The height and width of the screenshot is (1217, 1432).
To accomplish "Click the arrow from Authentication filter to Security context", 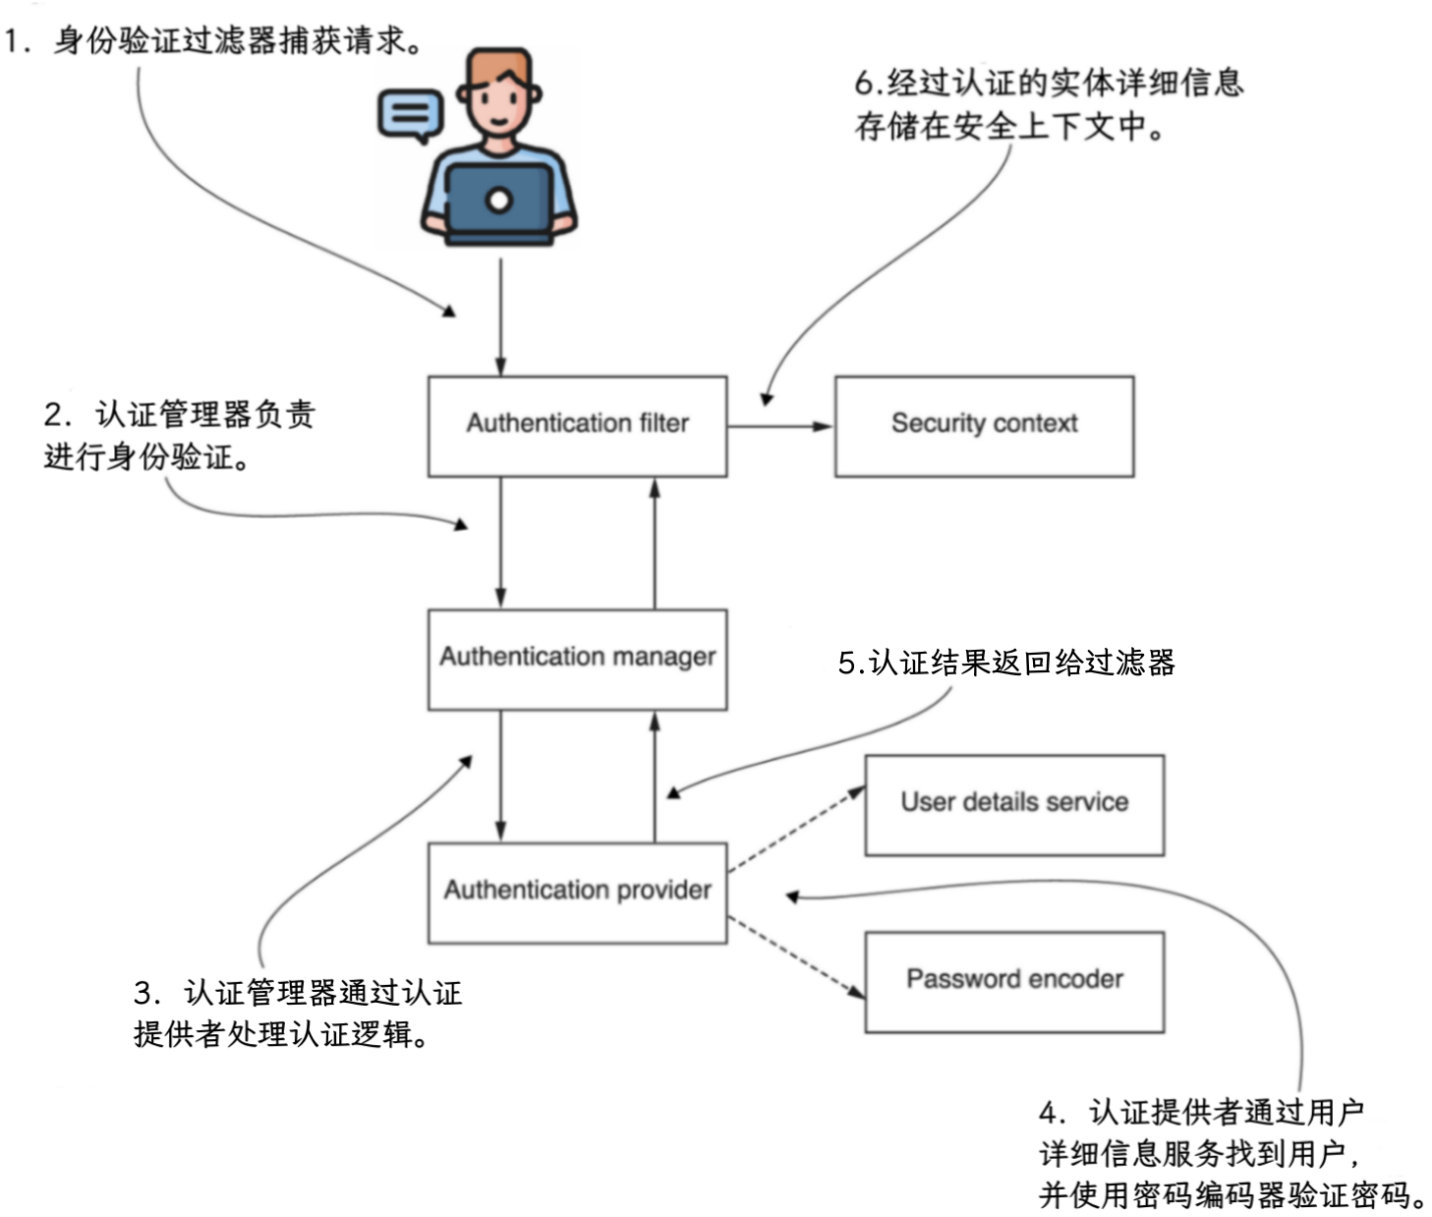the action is tap(780, 427).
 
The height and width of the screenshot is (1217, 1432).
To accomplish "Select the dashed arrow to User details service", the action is tap(797, 830).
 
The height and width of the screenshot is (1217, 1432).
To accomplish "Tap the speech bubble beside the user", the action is tap(410, 114).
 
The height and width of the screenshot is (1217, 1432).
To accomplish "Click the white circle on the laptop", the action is tap(499, 201).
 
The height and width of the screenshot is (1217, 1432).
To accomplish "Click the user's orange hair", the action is tap(500, 66).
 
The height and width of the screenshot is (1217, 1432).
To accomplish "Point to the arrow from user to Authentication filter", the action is tap(500, 317).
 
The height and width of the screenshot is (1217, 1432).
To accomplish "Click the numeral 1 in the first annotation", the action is tap(11, 40).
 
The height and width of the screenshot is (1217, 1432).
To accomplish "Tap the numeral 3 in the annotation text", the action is tap(143, 993).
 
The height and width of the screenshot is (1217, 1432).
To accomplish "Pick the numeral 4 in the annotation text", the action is tap(1048, 1113).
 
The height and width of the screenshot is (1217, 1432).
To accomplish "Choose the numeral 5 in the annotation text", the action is tap(846, 663).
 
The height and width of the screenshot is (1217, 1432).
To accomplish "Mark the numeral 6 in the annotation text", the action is tap(864, 84).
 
